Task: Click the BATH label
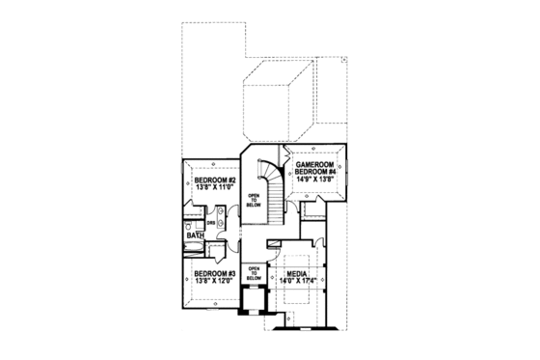coord(195,236)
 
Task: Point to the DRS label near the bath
coord(209,221)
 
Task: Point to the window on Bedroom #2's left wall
coord(178,183)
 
